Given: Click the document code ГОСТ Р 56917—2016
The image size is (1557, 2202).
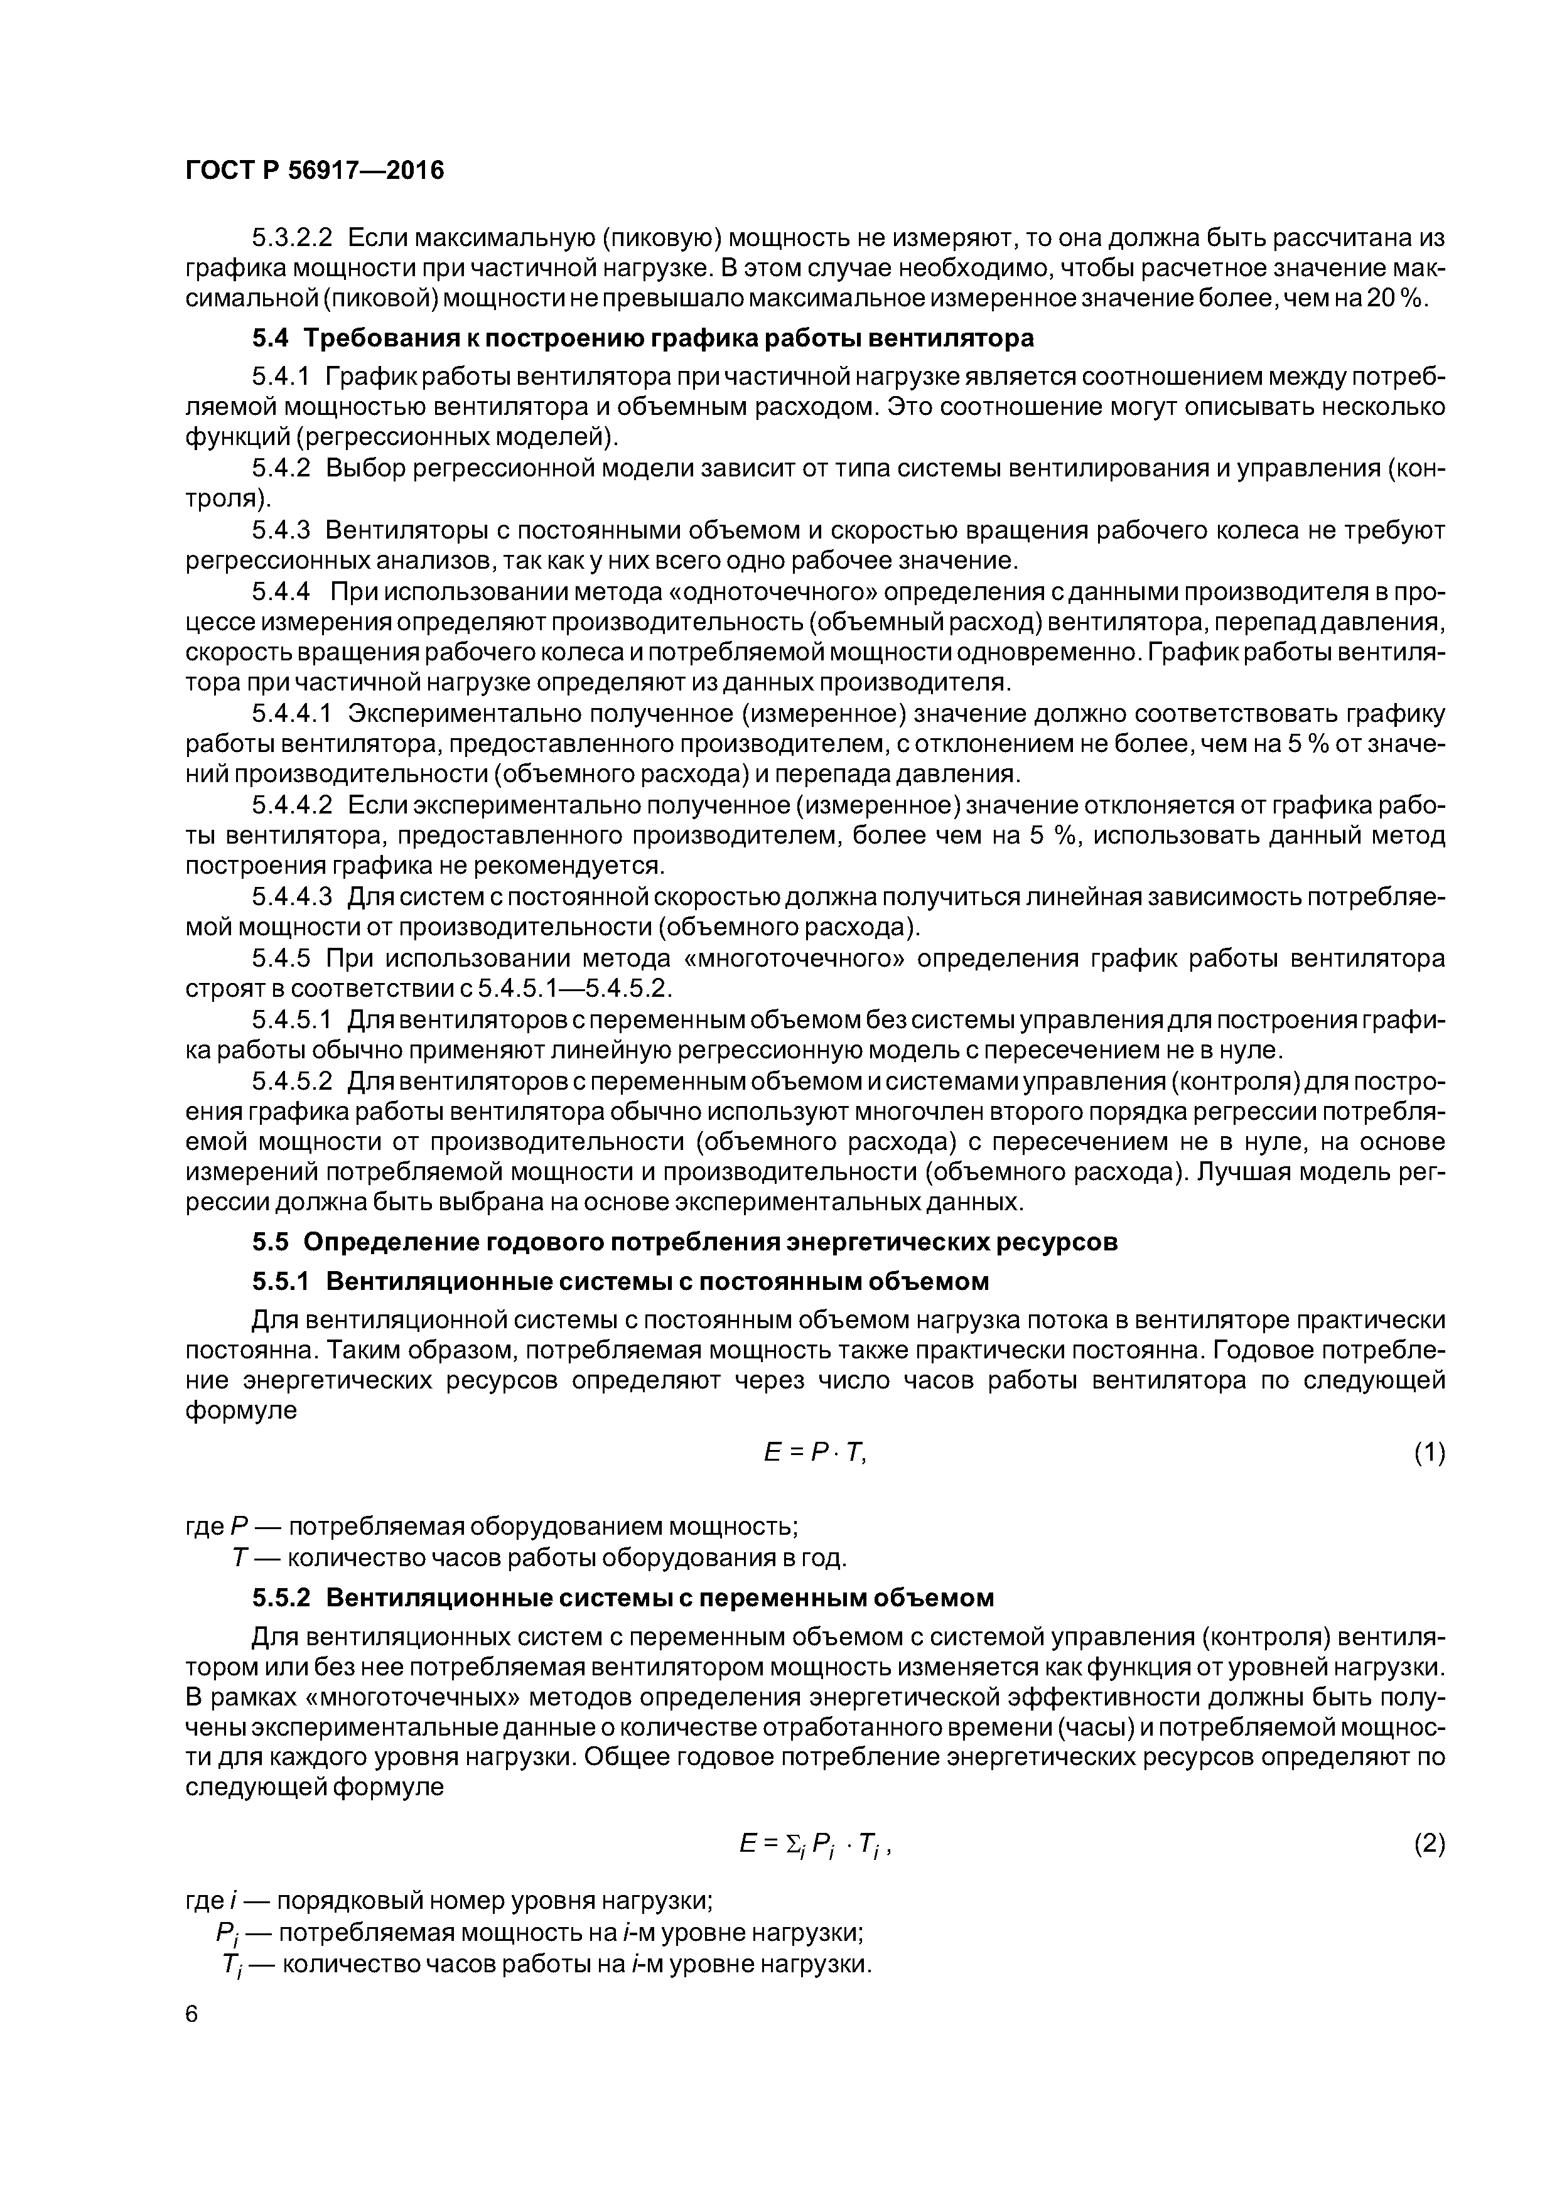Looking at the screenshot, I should [x=315, y=171].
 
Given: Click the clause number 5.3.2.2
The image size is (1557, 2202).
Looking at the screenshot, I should [x=292, y=237].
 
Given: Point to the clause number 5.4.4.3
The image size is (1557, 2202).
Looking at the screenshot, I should [x=292, y=898].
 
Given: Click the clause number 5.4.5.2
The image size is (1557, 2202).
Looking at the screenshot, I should [x=292, y=1081].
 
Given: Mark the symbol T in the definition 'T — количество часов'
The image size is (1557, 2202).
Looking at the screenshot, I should [x=240, y=1559].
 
